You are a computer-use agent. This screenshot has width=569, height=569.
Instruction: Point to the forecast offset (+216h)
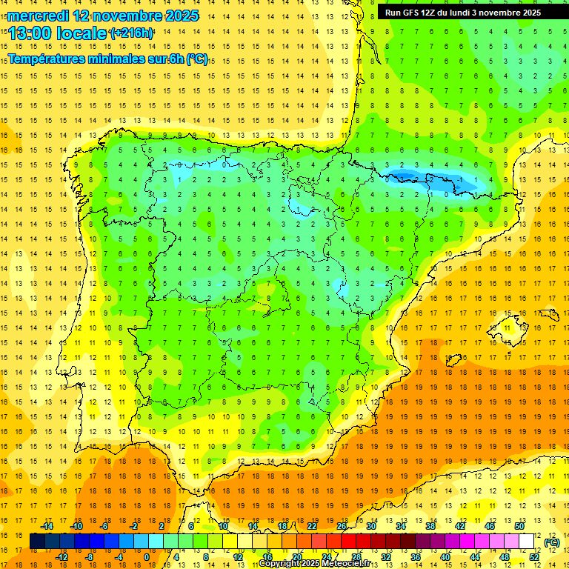(x=131, y=33)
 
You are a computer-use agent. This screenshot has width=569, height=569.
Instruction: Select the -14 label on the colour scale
(x=47, y=525)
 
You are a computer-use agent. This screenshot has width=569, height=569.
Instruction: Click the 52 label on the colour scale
(x=534, y=556)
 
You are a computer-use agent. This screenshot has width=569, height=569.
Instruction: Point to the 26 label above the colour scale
(x=342, y=525)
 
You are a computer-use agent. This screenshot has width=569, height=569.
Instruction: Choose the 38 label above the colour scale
(x=430, y=525)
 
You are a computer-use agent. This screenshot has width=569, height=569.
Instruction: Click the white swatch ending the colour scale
(x=527, y=542)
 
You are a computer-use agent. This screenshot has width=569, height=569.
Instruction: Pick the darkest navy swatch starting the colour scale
(x=37, y=542)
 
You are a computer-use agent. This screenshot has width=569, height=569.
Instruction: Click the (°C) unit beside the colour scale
(x=552, y=542)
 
